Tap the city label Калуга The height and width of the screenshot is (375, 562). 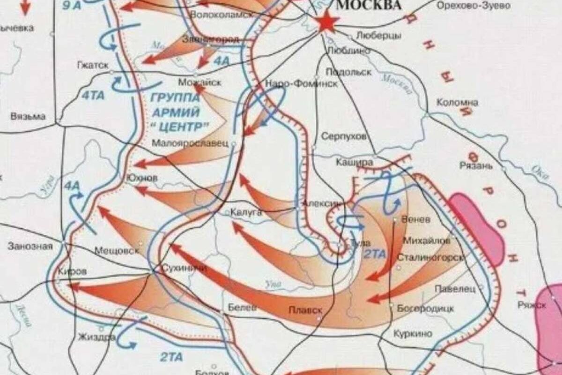[246, 213]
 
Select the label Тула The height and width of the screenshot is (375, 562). [360, 243]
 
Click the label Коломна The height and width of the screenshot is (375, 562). [457, 102]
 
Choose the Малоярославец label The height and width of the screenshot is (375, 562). [190, 143]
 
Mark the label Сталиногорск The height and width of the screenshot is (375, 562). [430, 257]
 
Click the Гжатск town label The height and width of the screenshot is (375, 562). [93, 65]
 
